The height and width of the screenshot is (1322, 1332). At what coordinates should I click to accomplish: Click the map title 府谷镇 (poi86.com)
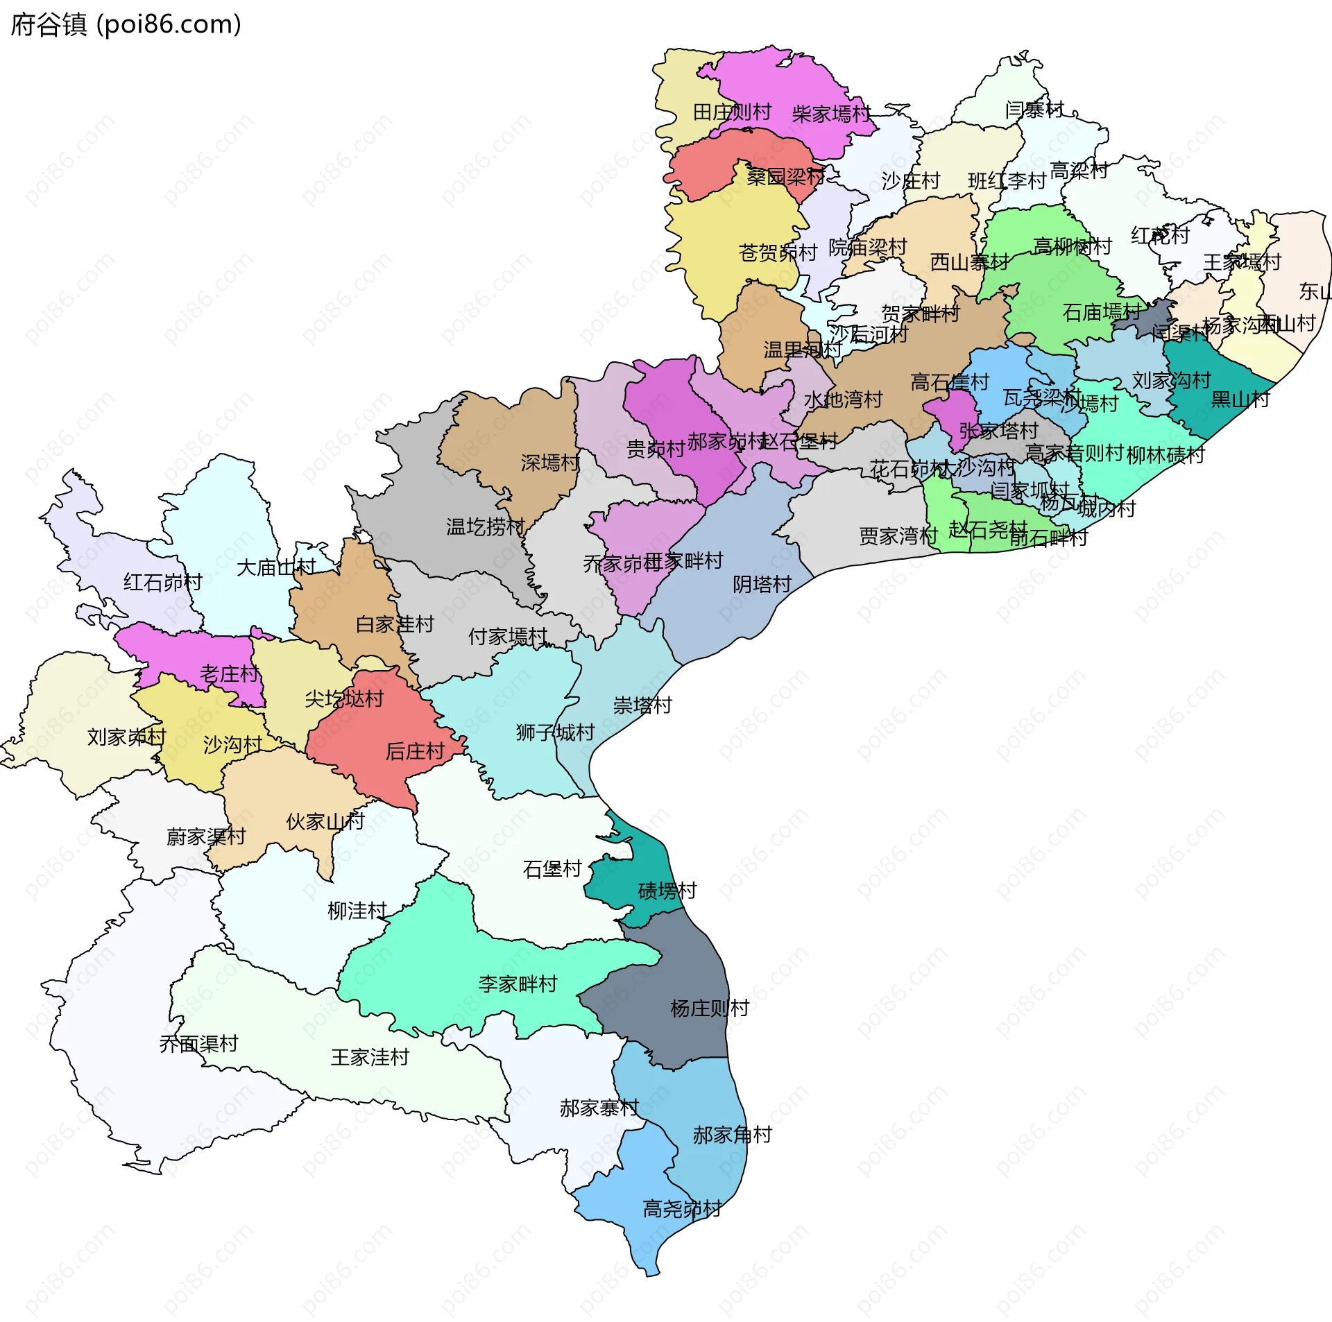point(126,25)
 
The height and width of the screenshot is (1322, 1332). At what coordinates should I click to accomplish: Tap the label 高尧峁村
point(682,1209)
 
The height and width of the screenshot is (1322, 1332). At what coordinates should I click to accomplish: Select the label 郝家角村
point(732,1135)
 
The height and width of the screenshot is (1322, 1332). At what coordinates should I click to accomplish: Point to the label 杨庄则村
point(710,1008)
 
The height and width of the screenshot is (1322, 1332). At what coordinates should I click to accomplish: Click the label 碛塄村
point(667,891)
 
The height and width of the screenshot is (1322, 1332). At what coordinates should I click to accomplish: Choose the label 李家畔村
point(518,984)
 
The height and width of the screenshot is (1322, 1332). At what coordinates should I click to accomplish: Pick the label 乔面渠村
point(198,1043)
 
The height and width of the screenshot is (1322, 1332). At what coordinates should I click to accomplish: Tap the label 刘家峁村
point(126,737)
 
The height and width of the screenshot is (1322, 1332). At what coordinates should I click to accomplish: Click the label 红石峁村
point(162,582)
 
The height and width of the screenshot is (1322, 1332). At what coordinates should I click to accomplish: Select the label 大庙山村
point(275,567)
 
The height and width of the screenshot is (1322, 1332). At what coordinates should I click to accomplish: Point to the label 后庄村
point(414,751)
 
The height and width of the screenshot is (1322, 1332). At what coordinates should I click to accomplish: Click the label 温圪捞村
point(485,527)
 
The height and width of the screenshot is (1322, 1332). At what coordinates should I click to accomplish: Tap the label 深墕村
point(550,463)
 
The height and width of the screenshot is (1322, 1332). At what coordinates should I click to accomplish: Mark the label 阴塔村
point(762,585)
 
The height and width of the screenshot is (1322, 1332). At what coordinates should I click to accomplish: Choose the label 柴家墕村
point(831,114)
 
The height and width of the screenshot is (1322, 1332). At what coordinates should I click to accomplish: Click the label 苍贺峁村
point(778,252)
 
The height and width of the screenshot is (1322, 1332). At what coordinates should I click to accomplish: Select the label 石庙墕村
point(1102,312)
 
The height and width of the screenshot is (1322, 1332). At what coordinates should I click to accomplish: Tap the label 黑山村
point(1240,400)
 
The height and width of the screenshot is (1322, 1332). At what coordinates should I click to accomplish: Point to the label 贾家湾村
point(898,536)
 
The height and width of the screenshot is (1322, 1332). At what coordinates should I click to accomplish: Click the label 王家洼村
point(370,1057)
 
